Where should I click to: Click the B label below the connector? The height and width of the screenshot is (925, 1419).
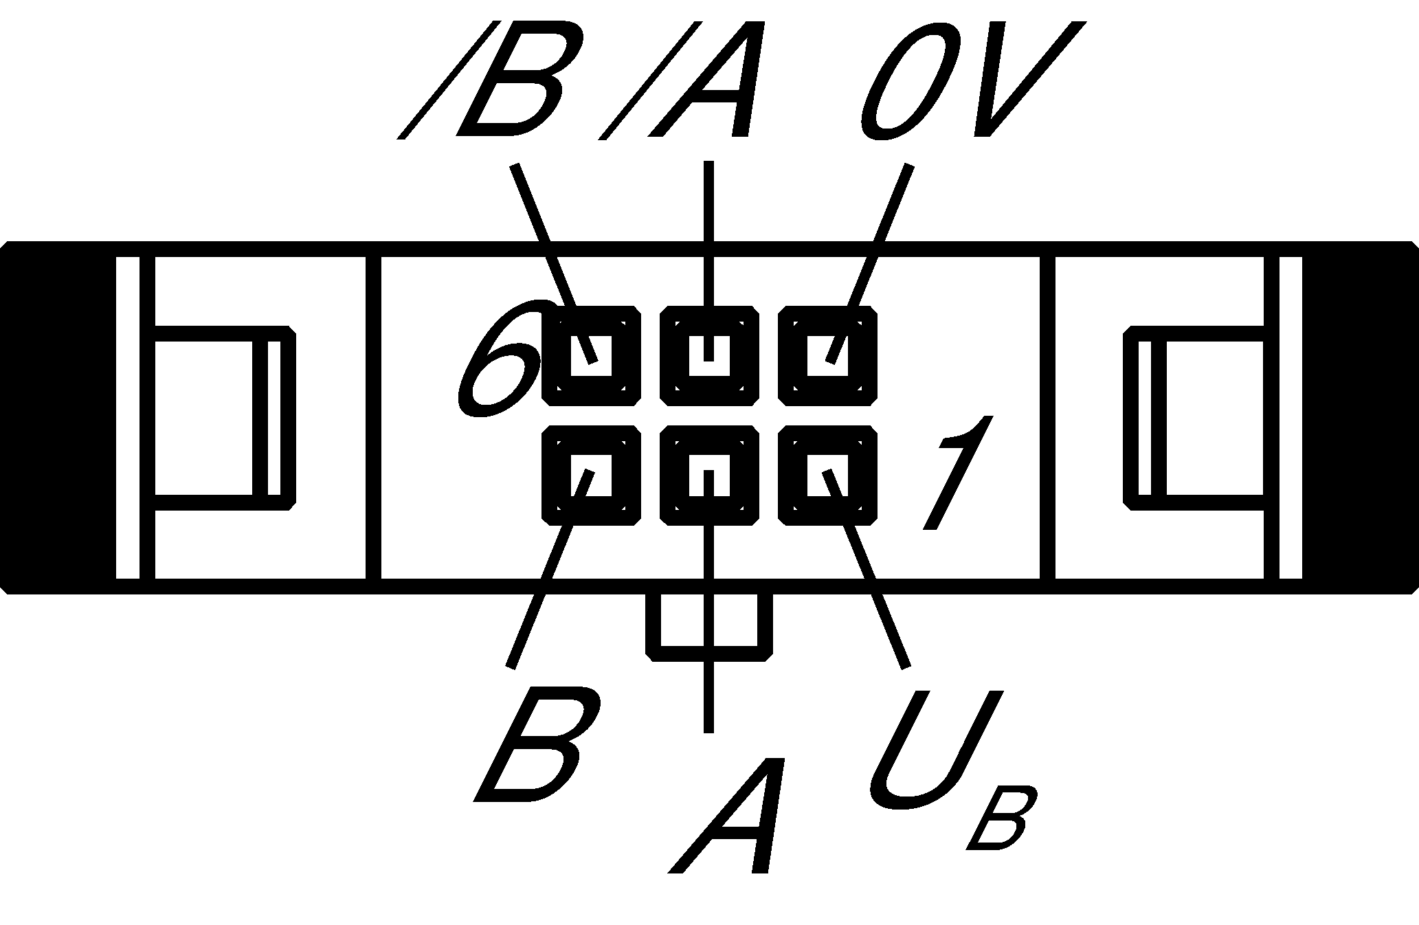(539, 746)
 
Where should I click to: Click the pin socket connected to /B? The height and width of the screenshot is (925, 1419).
(591, 355)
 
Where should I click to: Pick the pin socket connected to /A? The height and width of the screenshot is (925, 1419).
(709, 355)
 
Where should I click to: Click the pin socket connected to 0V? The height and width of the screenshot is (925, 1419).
(827, 355)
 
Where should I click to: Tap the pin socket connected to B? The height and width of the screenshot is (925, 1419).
(591, 475)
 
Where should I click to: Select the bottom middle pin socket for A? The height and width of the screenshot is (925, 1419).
(709, 475)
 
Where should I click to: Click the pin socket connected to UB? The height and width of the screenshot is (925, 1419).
(827, 475)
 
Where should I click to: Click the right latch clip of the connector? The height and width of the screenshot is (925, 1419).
(1196, 417)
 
